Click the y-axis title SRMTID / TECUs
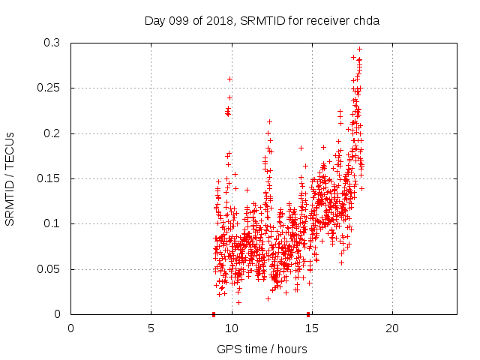(x=10, y=179)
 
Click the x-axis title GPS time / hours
(x=262, y=349)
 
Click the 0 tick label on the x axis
(x=71, y=328)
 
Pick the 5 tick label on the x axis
(x=151, y=328)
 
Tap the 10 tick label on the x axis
(x=232, y=328)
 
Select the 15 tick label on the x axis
(x=312, y=328)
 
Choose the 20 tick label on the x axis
(x=392, y=328)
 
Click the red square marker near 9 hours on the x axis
(x=214, y=314)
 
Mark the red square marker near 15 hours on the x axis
(x=308, y=314)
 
